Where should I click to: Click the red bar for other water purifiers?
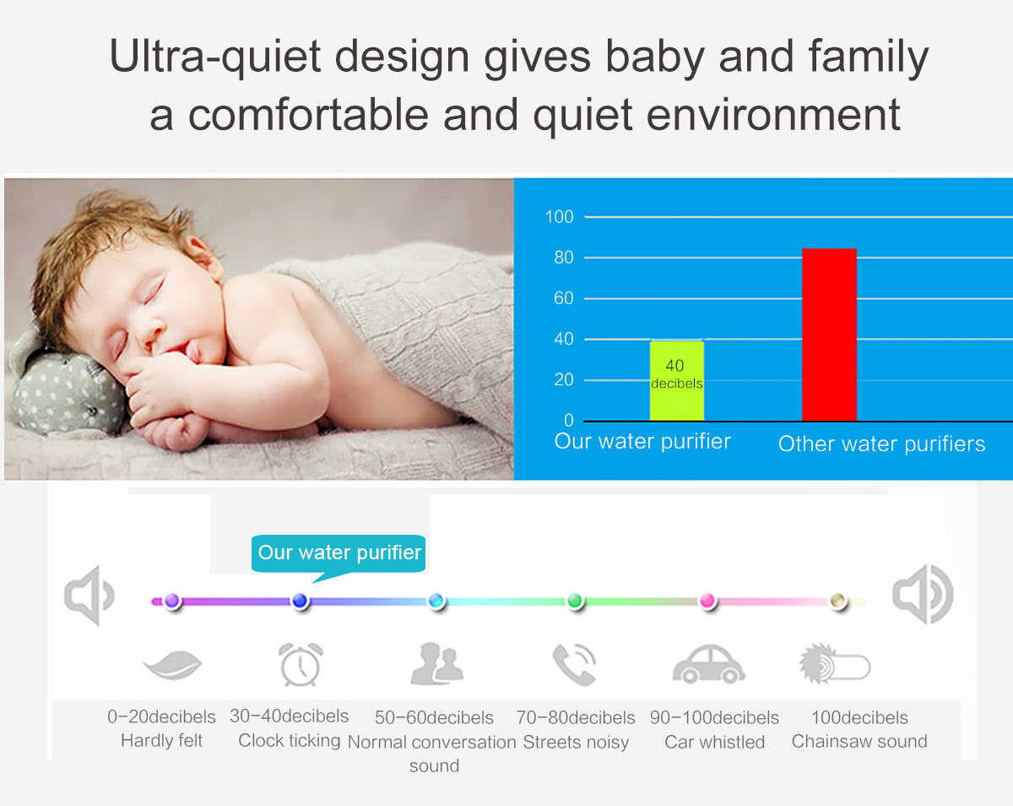coord(829,334)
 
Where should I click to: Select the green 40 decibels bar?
coord(677,381)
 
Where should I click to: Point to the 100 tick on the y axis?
coord(559,216)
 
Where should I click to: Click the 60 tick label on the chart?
coord(563,298)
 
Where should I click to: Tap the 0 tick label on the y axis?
coord(569,420)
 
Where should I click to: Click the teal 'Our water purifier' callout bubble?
coord(339,555)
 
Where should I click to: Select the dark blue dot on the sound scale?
coord(300,601)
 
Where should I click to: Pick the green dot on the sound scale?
coord(575,601)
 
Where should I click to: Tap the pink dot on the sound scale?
coord(707,601)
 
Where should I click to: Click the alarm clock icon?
coord(301,664)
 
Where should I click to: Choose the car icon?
coord(708,664)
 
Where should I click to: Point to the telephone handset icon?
coord(574,664)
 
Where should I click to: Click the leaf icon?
coord(172,665)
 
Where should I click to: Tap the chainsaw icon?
coord(834,664)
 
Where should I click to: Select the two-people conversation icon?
coord(436,663)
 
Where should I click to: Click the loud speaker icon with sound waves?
coord(923,595)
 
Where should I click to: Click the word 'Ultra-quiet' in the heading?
coord(214,57)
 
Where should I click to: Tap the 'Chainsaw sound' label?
coord(859,741)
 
